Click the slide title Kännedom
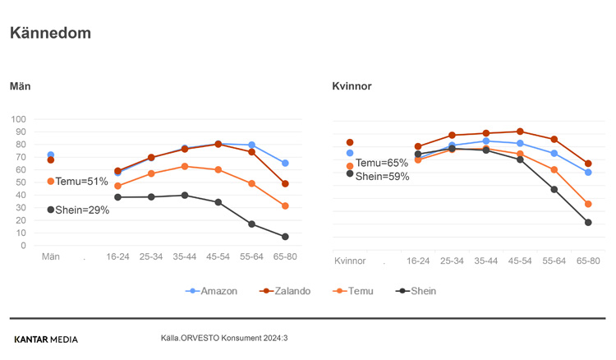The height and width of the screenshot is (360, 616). click(50, 34)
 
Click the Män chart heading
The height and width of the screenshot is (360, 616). click(21, 86)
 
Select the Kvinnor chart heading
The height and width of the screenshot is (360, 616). click(352, 86)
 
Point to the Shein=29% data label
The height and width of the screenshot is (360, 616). click(81, 210)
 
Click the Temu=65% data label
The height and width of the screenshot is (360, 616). click(381, 164)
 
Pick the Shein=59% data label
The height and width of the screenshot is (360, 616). click(382, 177)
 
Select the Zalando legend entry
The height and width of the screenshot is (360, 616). click(285, 291)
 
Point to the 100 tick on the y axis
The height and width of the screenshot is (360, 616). click(19, 120)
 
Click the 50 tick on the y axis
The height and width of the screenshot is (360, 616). click(21, 182)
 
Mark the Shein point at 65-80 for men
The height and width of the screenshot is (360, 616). click(285, 237)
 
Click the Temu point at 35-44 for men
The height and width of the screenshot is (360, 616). click(185, 166)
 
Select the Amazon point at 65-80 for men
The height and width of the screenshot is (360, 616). click(285, 163)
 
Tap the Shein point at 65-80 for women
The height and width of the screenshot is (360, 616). click(588, 223)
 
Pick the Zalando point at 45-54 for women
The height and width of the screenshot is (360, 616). click(520, 132)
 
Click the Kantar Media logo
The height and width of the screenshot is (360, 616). click(46, 339)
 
